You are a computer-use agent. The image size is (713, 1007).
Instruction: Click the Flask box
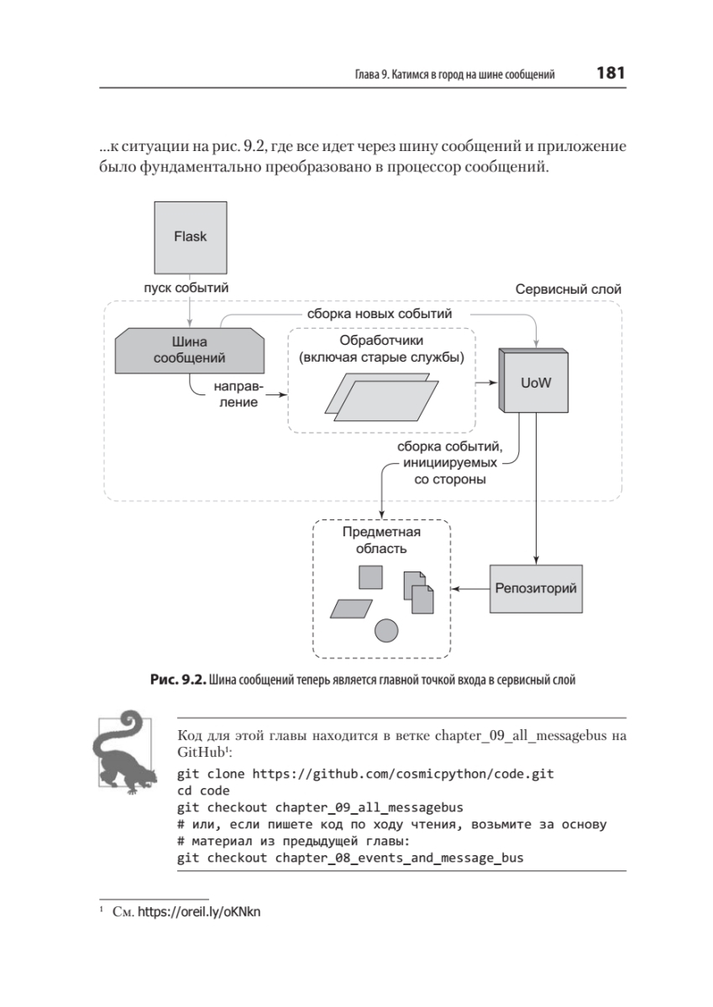(190, 236)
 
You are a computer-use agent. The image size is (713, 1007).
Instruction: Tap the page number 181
(611, 73)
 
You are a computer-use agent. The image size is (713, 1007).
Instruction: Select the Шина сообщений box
(190, 350)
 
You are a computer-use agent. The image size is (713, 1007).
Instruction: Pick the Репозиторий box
(535, 587)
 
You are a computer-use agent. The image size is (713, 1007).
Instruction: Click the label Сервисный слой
(568, 289)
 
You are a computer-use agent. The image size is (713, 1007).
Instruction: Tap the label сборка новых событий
(380, 313)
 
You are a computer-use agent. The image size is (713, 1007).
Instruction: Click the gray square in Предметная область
(371, 577)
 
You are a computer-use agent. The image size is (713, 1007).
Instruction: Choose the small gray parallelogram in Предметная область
(346, 608)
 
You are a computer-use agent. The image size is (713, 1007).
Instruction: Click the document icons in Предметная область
(418, 592)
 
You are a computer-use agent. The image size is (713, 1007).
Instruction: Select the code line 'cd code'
(205, 790)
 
